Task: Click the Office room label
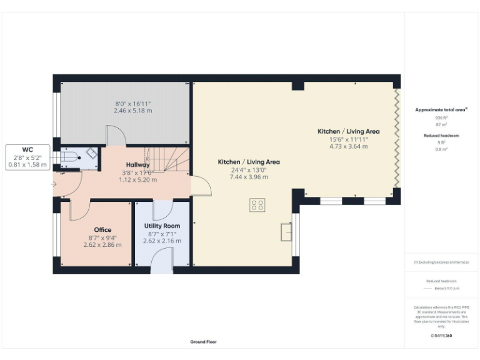click(102, 230)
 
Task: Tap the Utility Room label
click(162, 226)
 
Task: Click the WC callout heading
click(27, 150)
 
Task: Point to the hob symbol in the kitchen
click(257, 205)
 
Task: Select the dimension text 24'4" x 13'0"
click(249, 169)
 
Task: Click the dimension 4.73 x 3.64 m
click(348, 147)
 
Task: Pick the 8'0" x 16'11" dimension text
click(132, 103)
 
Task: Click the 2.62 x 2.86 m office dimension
click(102, 244)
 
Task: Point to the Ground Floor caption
click(204, 342)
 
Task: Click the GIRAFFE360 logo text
click(441, 336)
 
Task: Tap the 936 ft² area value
click(441, 117)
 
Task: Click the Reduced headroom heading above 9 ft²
click(441, 136)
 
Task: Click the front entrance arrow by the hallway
click(54, 184)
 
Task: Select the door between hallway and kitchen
click(201, 186)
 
